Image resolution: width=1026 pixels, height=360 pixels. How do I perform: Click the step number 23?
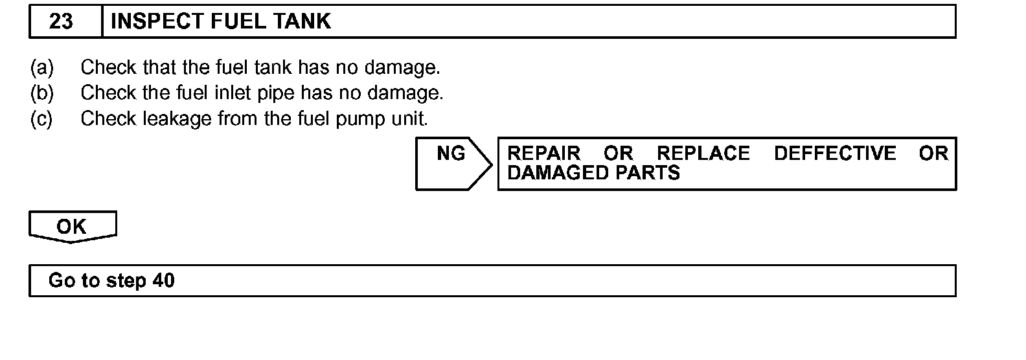click(x=61, y=21)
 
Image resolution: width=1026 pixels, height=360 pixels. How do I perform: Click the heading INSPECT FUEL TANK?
click(x=220, y=21)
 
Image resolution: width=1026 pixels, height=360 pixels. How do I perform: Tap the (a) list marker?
click(x=42, y=67)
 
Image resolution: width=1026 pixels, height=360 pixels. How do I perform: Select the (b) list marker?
click(x=42, y=93)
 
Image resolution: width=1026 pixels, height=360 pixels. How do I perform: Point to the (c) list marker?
click(x=42, y=119)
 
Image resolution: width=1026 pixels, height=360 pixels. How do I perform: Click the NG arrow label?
click(x=451, y=153)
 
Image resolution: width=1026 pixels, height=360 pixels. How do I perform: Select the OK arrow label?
click(x=71, y=227)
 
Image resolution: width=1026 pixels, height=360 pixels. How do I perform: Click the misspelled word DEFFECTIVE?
click(x=835, y=153)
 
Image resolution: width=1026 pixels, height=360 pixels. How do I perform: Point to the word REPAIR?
click(x=543, y=153)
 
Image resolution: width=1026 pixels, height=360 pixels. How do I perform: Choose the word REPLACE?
click(x=703, y=153)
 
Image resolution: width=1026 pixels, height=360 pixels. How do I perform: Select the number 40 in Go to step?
click(x=164, y=280)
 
